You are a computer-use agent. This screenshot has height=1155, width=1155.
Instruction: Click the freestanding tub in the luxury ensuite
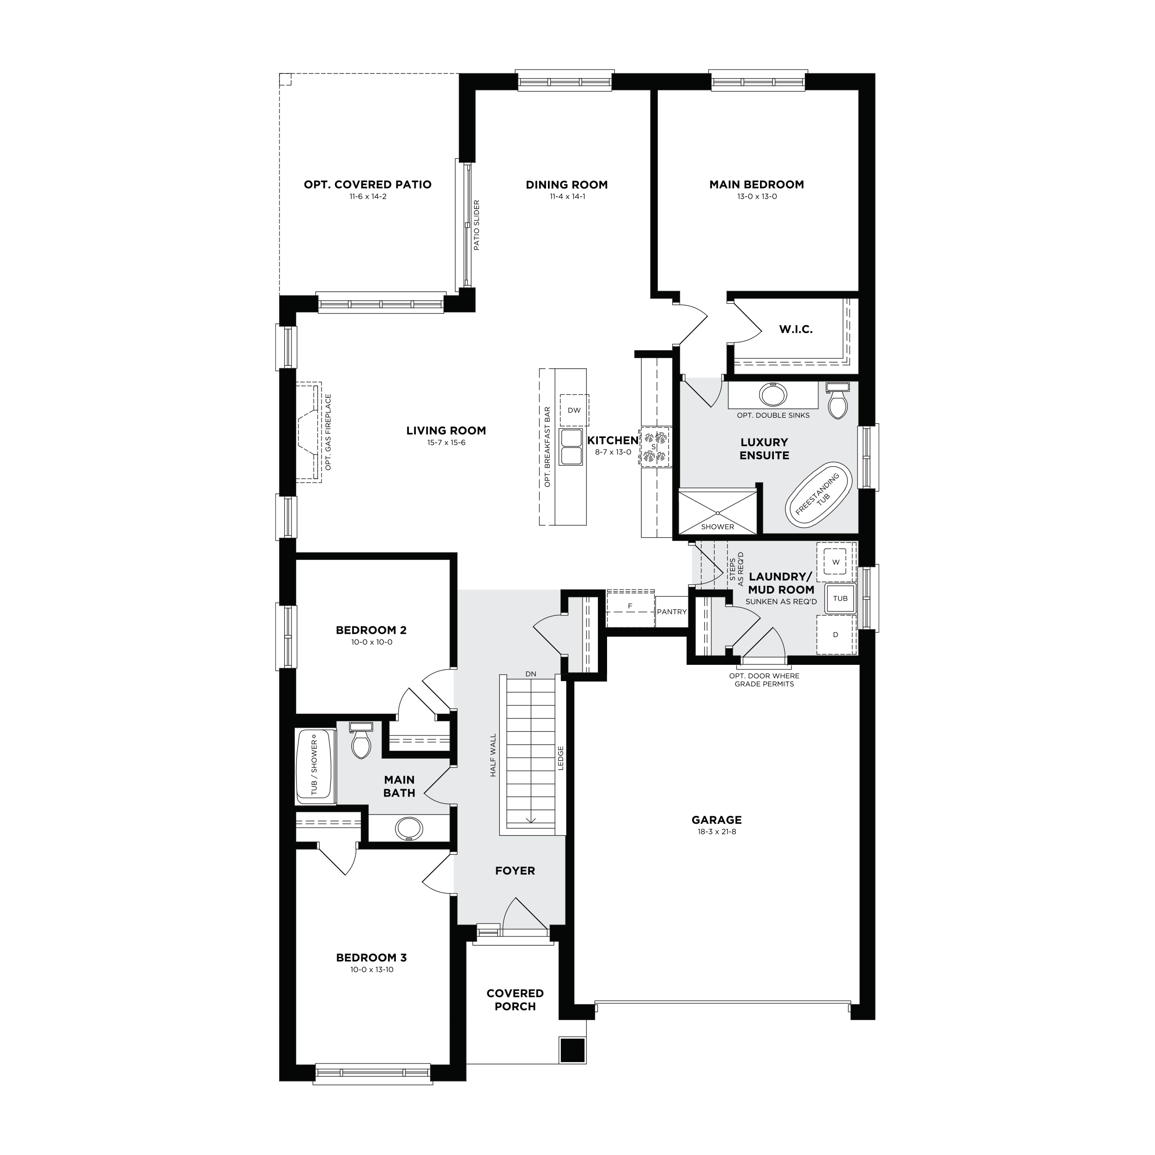click(818, 494)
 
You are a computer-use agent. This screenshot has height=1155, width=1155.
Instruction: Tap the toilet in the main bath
click(361, 740)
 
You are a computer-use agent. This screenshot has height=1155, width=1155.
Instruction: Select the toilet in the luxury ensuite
click(838, 401)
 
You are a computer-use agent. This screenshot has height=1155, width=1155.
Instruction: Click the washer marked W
click(836, 562)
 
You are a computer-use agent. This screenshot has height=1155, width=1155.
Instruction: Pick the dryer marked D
click(836, 634)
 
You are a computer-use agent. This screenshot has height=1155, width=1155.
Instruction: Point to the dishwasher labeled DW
click(574, 410)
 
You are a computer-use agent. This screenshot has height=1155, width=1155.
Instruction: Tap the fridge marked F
click(630, 607)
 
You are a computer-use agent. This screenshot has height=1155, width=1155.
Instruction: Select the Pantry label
click(671, 612)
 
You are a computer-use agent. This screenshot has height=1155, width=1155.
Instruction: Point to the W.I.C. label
click(796, 329)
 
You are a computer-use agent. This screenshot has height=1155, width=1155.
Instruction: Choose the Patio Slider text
click(476, 225)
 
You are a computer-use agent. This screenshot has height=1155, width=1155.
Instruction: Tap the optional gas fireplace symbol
click(310, 432)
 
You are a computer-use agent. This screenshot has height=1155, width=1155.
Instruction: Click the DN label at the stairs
click(531, 674)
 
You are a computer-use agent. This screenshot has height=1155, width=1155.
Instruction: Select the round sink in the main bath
click(409, 828)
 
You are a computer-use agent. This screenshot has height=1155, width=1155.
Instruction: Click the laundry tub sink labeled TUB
click(840, 598)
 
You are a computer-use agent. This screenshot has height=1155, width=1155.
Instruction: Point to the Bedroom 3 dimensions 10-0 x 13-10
click(372, 969)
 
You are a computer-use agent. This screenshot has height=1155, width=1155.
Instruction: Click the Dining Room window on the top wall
click(565, 81)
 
